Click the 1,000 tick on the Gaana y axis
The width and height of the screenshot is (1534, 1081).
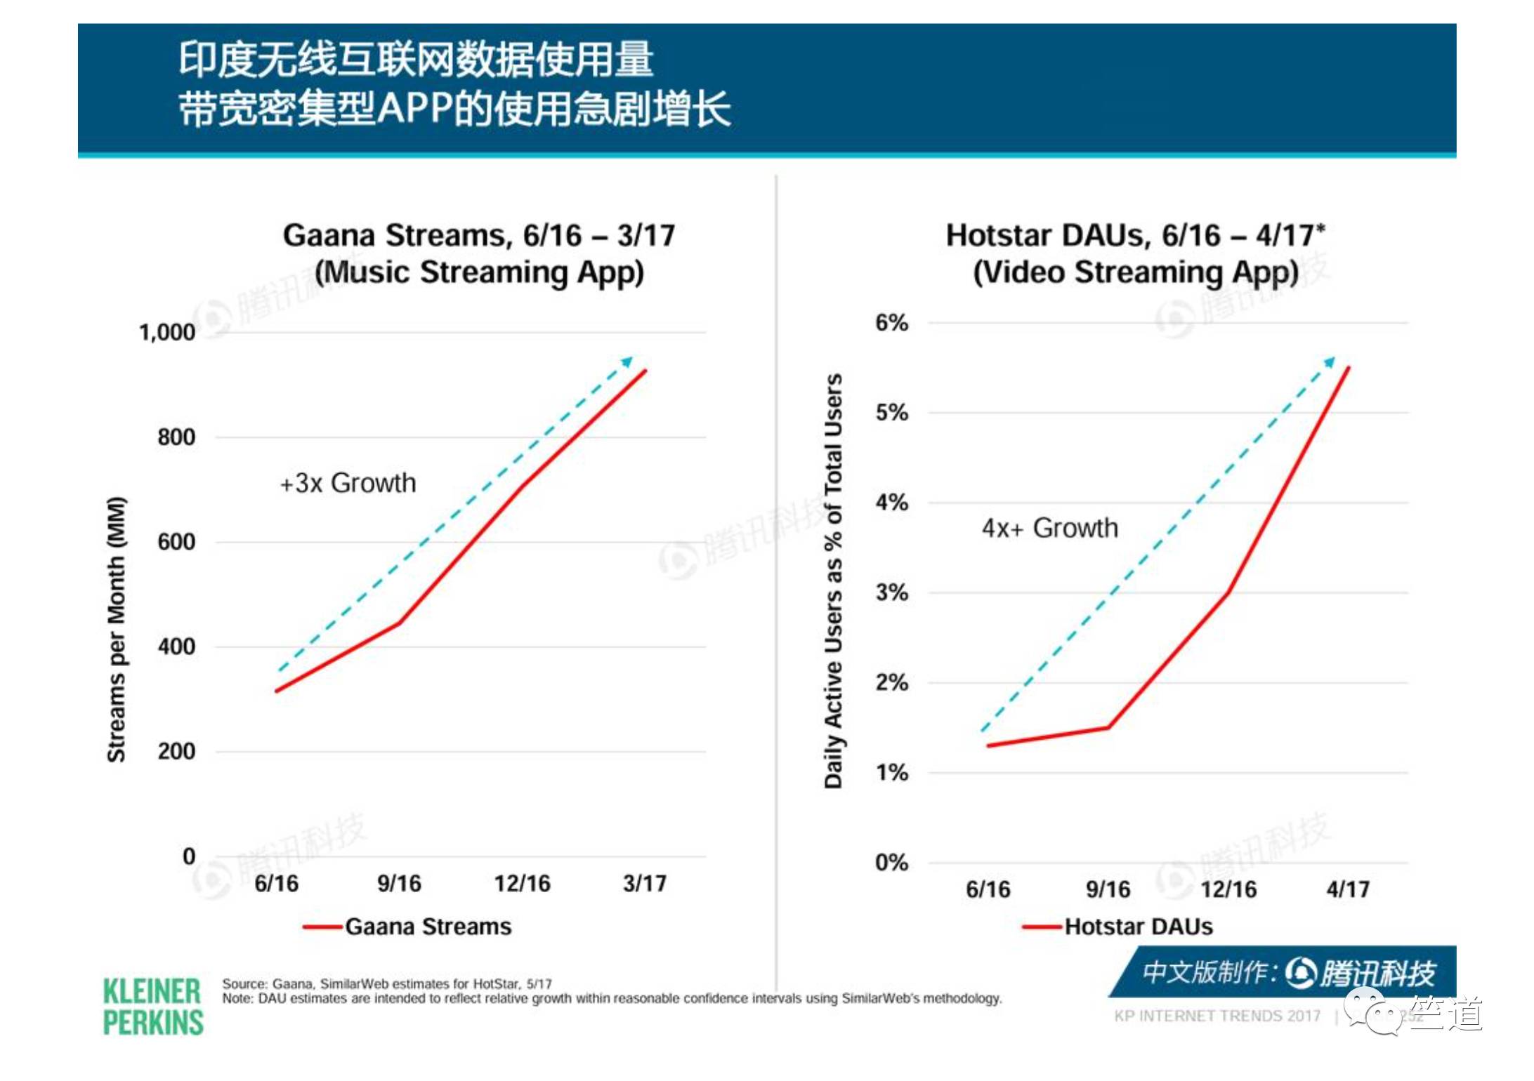(167, 332)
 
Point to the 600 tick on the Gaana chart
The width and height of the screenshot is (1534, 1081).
(176, 542)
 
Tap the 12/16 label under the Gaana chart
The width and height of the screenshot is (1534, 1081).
(522, 883)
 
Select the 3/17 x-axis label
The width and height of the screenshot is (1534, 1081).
(644, 883)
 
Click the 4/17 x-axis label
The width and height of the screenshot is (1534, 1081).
(1347, 889)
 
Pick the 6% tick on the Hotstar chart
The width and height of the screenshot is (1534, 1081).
(891, 323)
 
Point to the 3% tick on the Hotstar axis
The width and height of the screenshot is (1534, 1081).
(891, 592)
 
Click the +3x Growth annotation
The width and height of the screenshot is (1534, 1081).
(348, 483)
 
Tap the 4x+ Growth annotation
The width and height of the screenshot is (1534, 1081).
(1049, 528)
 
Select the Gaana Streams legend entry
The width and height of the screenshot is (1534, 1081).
(428, 927)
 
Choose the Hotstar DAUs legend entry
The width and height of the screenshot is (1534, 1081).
(1138, 927)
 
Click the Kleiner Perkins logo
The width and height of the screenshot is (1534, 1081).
(152, 1007)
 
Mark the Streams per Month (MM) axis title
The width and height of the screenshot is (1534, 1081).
(116, 629)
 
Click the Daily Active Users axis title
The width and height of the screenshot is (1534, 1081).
(833, 581)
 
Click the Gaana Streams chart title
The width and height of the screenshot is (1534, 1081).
(479, 253)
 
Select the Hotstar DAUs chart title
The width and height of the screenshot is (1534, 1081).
(1135, 253)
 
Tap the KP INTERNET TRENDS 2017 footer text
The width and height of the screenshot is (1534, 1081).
(1217, 1016)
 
